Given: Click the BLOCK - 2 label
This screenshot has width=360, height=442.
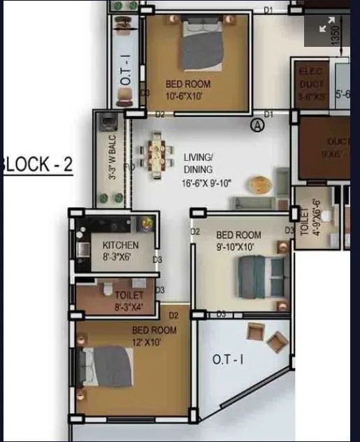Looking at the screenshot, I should click(x=38, y=166).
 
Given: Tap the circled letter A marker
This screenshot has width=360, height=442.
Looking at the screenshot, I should click(x=257, y=125).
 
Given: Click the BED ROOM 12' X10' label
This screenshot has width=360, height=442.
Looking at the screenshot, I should click(x=154, y=336).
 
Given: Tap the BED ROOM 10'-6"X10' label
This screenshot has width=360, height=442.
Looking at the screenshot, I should click(x=187, y=90).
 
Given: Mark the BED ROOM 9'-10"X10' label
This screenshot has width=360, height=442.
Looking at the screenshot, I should click(x=238, y=241).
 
